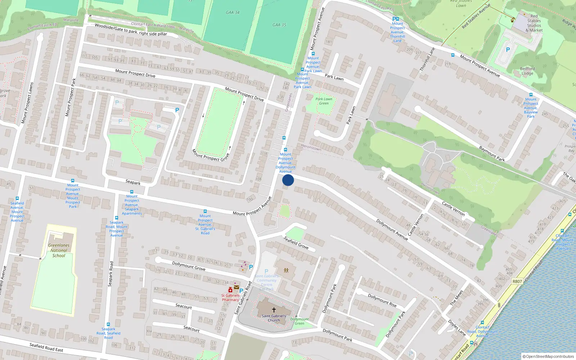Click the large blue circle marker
click(x=288, y=180)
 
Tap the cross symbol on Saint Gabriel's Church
click(x=274, y=310)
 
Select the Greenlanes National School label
click(x=59, y=250)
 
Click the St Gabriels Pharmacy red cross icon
click(x=230, y=290)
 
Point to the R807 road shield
click(x=517, y=282)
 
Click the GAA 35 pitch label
click(x=279, y=25)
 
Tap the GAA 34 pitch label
click(x=233, y=12)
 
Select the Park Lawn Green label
click(x=324, y=101)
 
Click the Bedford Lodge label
click(x=527, y=71)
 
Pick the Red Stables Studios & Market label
click(x=534, y=23)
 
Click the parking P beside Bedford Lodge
click(x=508, y=50)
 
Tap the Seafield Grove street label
click(x=296, y=243)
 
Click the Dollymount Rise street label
click(x=382, y=300)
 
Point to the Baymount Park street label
click(x=492, y=153)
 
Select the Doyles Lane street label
click(x=457, y=327)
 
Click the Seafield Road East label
click(x=46, y=347)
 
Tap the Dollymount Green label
click(x=300, y=321)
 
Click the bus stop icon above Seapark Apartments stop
click(x=132, y=192)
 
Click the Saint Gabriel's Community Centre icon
click(x=286, y=270)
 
